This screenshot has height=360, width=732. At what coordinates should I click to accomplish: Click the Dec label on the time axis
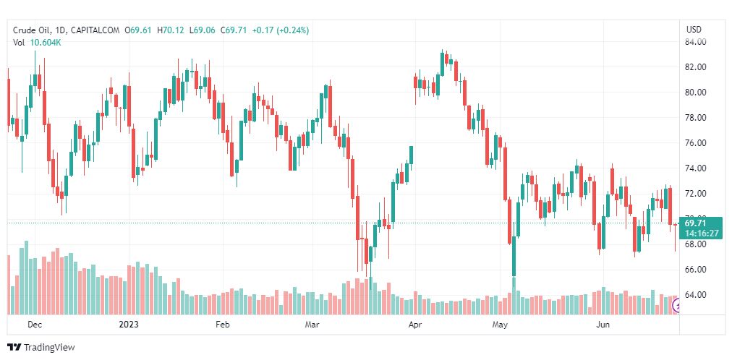[35, 326]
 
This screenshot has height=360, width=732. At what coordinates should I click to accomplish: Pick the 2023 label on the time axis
[129, 326]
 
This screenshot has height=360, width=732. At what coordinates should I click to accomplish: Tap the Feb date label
[223, 326]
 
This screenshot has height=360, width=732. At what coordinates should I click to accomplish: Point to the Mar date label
[312, 326]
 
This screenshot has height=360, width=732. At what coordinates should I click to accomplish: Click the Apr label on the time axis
[415, 326]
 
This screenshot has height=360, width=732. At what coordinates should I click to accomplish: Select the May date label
[500, 326]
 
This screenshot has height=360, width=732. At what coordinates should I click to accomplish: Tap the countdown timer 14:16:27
[702, 233]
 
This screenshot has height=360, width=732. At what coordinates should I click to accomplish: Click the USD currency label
[694, 30]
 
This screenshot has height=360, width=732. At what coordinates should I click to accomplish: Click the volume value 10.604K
[46, 43]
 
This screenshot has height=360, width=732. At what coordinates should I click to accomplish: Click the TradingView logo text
[48, 348]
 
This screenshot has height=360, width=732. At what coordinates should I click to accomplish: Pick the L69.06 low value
[203, 30]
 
